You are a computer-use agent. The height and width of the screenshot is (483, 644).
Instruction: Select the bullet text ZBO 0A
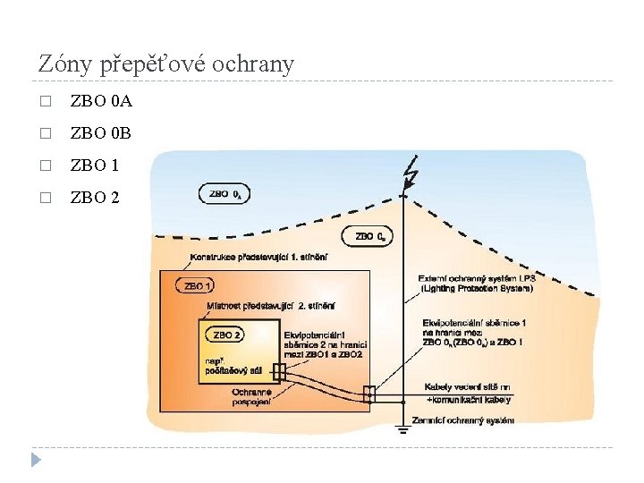tap(100, 101)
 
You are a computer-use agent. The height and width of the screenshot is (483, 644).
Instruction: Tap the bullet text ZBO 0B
tap(100, 133)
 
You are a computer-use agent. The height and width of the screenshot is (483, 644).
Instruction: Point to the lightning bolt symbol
tap(411, 172)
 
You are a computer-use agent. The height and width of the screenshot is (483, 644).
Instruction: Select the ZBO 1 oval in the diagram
tap(196, 286)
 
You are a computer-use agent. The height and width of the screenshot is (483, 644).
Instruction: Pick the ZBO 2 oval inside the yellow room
tap(225, 335)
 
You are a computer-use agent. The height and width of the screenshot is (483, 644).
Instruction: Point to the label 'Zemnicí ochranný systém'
tap(462, 419)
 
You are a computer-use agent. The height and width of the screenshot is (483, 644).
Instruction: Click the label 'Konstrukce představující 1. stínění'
tap(258, 258)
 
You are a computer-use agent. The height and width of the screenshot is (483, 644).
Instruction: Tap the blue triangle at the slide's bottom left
tap(36, 460)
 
